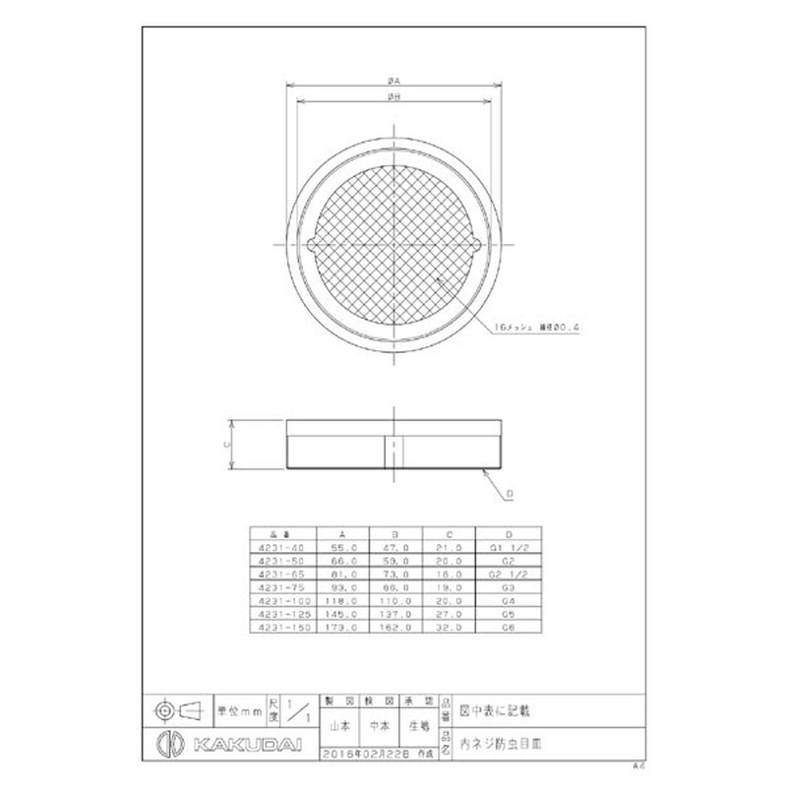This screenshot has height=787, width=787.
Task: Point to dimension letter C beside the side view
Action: coord(226,444)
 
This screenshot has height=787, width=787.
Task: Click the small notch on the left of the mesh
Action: coord(312,245)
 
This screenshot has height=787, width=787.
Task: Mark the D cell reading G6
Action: coord(509,626)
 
